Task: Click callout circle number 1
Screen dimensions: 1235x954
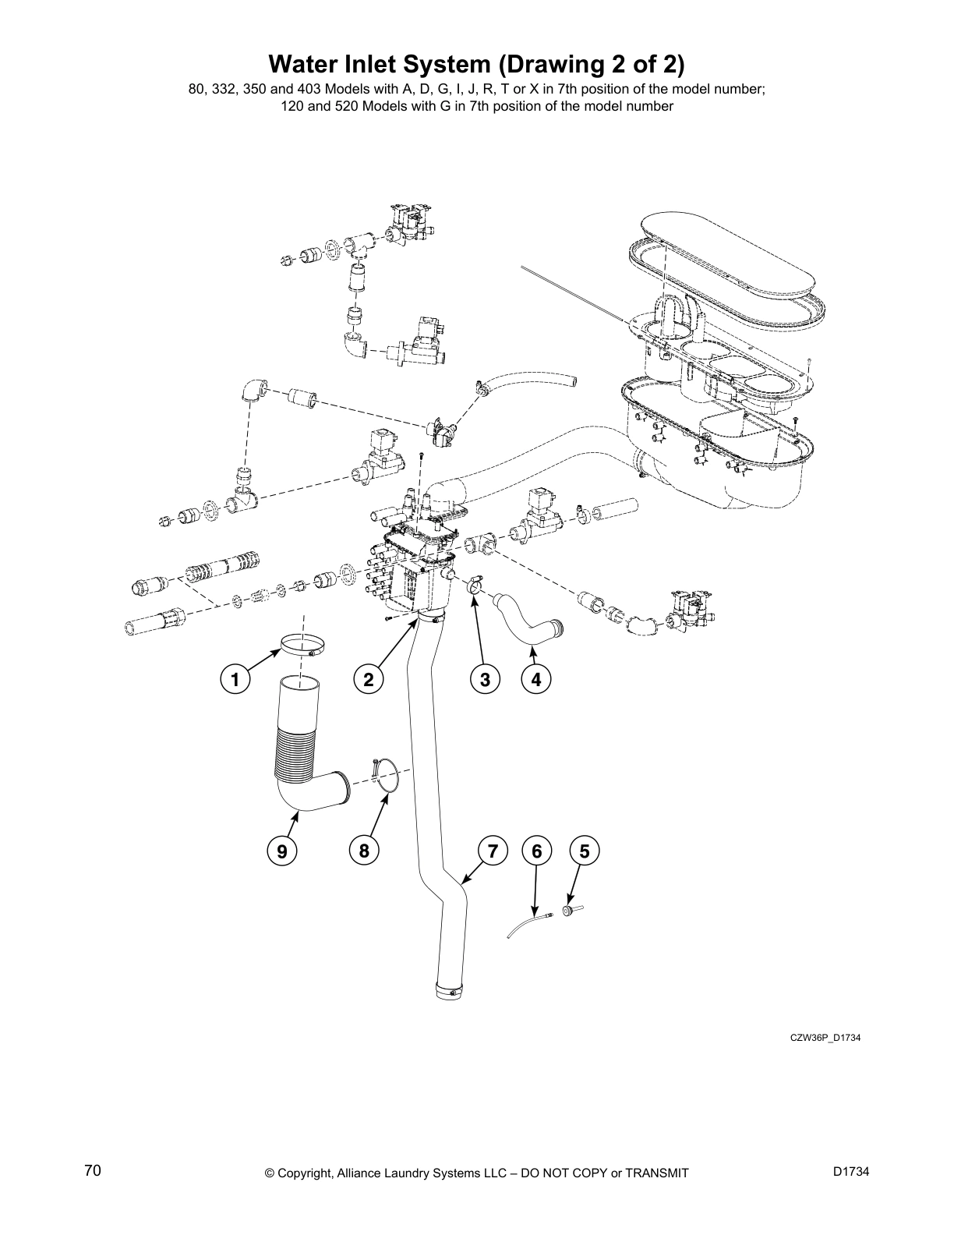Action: click(x=234, y=679)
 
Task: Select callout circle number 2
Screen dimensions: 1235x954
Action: click(x=368, y=679)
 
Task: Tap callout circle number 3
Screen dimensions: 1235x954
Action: click(x=485, y=679)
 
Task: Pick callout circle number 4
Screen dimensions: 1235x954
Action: click(x=536, y=679)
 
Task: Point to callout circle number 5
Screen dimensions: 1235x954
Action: click(x=585, y=851)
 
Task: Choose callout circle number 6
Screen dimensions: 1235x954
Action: click(x=536, y=851)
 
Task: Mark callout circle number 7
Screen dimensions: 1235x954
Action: click(x=493, y=851)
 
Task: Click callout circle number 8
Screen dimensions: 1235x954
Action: click(x=364, y=851)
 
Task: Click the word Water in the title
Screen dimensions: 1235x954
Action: click(x=305, y=63)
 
